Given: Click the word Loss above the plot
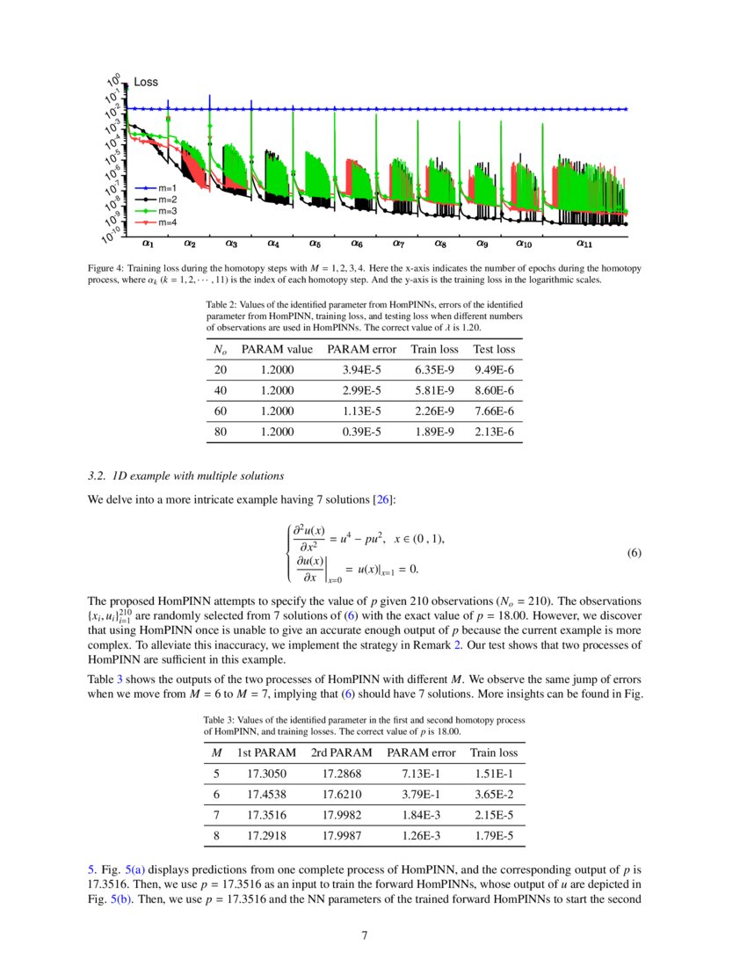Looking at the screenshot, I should point(146,82).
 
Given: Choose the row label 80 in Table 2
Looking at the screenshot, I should point(220,432).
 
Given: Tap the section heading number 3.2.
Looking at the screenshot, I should point(98,476).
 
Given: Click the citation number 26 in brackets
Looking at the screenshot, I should point(384,500).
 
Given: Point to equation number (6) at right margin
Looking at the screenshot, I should point(635,554).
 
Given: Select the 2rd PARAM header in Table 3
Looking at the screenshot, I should point(341,753).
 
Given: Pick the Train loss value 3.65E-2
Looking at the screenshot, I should point(494,794).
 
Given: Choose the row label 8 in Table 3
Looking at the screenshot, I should point(216,835).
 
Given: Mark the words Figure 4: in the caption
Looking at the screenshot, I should point(108,266).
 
